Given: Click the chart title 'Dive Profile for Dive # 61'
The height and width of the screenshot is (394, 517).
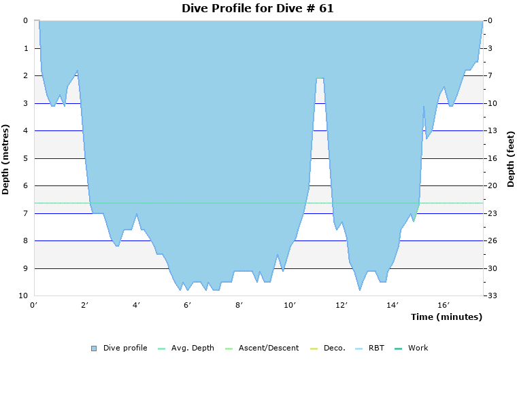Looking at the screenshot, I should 258,8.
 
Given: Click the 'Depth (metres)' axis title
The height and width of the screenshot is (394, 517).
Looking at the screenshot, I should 6,159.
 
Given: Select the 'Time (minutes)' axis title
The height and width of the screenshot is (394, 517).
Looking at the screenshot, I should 446,317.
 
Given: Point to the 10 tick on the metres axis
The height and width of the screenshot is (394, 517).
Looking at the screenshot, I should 23,296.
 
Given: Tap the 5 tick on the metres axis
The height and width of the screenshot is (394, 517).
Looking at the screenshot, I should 25,158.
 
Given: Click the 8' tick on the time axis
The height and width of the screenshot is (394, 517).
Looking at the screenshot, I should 239,305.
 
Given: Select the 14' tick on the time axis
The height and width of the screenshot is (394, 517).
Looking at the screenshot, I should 393,305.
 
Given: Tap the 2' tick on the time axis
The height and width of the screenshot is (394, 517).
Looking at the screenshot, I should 85,305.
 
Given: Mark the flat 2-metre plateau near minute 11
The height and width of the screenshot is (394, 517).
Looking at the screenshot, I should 320,78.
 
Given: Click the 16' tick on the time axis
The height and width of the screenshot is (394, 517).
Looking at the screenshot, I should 444,305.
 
